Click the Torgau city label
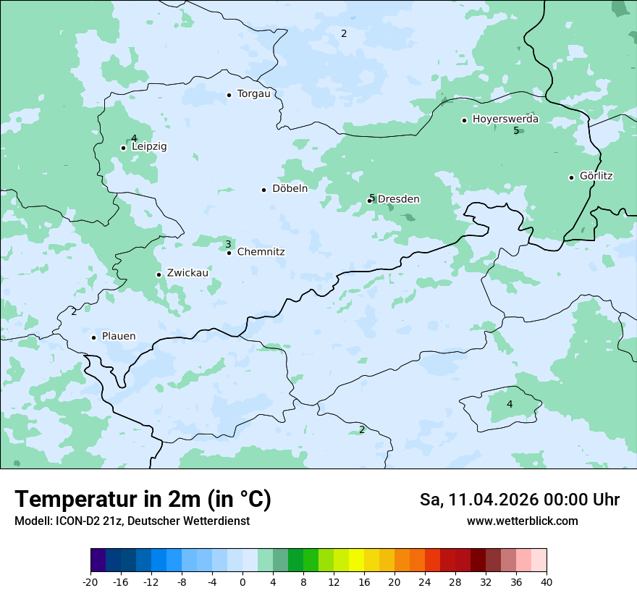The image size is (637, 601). (253, 94)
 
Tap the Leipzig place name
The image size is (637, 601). (149, 146)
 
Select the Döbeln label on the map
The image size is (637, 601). (290, 189)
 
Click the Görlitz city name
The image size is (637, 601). (596, 176)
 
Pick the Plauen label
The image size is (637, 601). (118, 337)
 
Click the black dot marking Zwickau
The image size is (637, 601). (159, 274)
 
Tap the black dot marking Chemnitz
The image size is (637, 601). (229, 253)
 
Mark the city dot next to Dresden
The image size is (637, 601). (369, 201)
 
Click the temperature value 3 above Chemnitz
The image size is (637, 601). (228, 245)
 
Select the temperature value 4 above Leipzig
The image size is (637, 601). (134, 138)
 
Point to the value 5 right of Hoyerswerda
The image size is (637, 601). (516, 130)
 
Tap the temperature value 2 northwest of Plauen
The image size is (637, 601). (74, 312)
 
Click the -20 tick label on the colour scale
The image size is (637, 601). (90, 582)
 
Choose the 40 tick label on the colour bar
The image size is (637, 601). (547, 582)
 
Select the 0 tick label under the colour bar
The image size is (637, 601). (242, 582)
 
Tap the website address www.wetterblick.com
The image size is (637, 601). (522, 521)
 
